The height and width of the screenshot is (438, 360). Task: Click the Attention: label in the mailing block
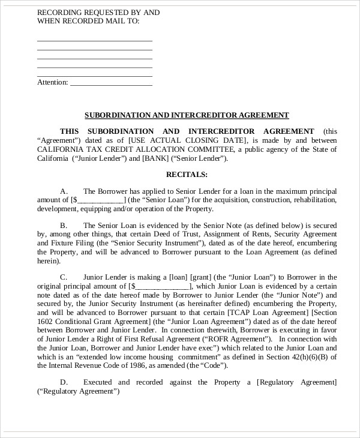pos(52,82)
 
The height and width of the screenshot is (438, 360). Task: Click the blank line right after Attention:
pos(111,83)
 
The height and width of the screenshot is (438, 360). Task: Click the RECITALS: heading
pos(186,174)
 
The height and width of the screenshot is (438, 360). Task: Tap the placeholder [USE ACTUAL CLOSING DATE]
pos(184,140)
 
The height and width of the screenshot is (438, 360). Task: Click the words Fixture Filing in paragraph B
pos(61,242)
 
